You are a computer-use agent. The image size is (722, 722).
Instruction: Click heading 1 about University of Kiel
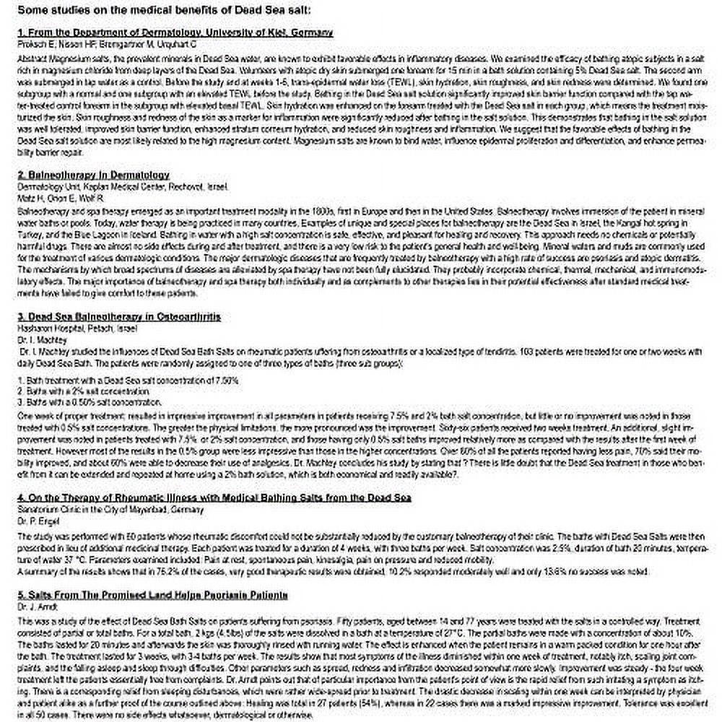pos(175,32)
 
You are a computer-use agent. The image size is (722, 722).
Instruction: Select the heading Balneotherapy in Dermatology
pos(93,175)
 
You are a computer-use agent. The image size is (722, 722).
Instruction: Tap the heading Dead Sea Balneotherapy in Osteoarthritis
pos(118,316)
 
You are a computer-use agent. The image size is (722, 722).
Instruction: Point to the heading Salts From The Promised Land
pos(152,595)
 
